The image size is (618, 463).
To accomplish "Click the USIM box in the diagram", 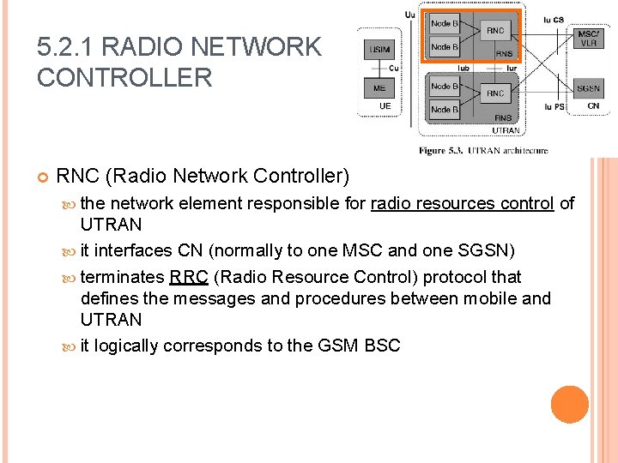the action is (380, 50).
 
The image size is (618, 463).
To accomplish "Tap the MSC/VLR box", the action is (589, 38).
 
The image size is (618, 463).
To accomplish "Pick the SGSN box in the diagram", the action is (589, 88).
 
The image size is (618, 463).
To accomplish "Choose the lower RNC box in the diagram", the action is (495, 93).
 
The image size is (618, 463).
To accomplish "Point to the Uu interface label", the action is (409, 14).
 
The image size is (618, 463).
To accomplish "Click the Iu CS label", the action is (554, 19).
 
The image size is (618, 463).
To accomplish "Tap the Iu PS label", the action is (554, 107).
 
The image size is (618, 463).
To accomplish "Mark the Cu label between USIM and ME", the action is (393, 68).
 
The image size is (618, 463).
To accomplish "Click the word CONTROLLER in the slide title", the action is (124, 77).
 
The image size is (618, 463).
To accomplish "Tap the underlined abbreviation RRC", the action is (189, 277).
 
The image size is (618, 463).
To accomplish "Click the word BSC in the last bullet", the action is (382, 346).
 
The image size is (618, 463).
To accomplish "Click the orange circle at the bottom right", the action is (569, 405).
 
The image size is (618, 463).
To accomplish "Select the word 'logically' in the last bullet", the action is (126, 346).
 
